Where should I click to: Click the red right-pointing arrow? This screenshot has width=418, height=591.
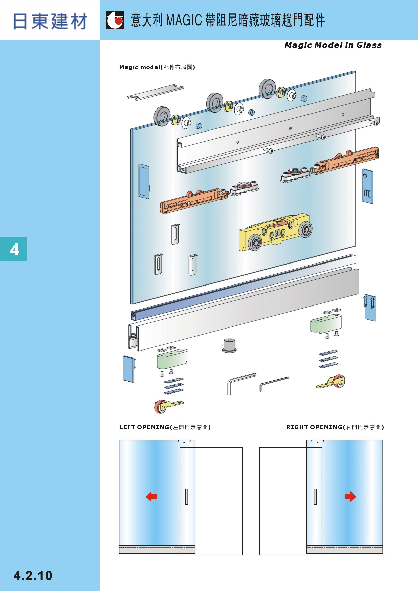point(350,496)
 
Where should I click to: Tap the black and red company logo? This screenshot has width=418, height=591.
point(115,20)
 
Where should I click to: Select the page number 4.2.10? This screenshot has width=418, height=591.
point(33,575)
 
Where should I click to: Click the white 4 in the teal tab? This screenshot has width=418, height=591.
point(15,249)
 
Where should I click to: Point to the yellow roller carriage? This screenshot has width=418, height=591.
point(275,232)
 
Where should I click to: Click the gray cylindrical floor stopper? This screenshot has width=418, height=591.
point(229,345)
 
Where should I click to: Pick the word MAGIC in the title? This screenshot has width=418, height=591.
point(184,20)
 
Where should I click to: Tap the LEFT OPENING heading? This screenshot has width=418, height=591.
point(144,427)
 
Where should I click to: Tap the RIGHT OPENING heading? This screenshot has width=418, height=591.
point(314,427)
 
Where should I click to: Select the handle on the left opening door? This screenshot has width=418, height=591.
point(187,496)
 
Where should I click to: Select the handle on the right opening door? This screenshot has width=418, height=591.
point(315,496)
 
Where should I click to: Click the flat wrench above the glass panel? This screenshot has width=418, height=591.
point(156,92)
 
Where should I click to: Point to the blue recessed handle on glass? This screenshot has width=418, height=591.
point(143,181)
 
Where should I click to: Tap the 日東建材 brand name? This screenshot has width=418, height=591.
point(50,21)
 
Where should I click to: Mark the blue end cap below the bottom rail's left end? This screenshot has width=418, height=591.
point(129,369)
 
